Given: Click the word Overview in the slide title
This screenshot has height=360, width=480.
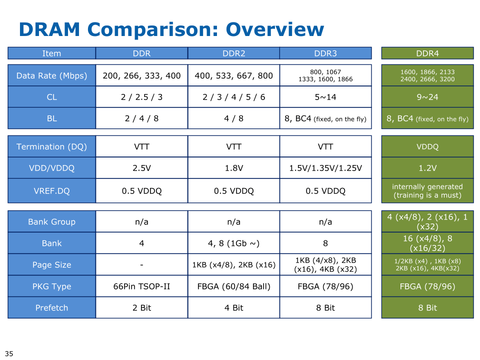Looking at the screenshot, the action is tap(274, 29).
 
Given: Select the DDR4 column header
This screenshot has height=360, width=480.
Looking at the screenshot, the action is tap(427, 53).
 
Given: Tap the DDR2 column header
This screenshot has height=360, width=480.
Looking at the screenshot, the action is tap(233, 53).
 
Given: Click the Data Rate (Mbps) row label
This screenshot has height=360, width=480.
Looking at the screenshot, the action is tap(51, 75).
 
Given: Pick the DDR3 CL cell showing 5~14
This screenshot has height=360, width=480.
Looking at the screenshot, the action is tap(325, 97).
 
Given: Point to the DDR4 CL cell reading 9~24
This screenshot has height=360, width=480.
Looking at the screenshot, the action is tap(427, 97).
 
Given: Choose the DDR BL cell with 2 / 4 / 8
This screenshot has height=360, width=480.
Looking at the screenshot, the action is tap(141, 118).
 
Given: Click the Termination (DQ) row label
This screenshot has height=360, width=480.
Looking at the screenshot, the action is tap(51, 146).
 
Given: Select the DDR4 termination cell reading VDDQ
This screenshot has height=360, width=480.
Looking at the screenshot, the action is tap(427, 146).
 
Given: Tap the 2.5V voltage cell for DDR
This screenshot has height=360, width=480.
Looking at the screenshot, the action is tap(141, 168).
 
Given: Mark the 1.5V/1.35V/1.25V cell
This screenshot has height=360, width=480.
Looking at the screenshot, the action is tap(325, 168).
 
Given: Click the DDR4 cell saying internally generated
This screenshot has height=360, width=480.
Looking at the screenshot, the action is tap(427, 190).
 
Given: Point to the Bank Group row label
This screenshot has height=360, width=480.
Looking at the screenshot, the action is tap(51, 221).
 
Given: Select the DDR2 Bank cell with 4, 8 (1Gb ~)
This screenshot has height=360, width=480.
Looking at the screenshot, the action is tap(233, 243).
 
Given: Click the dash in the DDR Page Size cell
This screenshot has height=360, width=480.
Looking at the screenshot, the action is tap(141, 265).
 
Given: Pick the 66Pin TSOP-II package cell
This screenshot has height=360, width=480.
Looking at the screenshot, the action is tap(141, 286).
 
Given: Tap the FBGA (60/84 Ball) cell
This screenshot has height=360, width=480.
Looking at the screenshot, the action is tap(233, 286).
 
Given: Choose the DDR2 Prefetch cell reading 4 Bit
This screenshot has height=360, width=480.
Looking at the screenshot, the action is tap(233, 308).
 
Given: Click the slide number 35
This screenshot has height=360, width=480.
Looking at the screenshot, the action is tap(9, 353).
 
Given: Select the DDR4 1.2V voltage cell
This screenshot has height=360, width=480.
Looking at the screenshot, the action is tap(427, 168).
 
